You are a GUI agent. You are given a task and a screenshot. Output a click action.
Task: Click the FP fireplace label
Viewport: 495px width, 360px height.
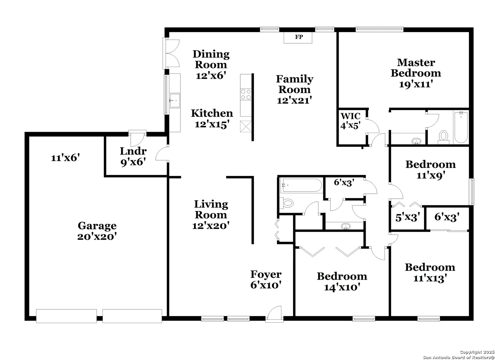click(299, 37)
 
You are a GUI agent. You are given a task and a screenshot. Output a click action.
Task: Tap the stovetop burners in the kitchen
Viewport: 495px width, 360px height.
click(246, 94)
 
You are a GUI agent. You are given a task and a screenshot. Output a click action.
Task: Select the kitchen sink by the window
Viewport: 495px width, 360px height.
click(175, 101)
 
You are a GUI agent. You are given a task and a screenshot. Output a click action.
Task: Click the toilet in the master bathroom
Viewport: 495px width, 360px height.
click(443, 137)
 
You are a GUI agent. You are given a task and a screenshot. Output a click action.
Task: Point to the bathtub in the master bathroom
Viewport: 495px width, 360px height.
click(461, 128)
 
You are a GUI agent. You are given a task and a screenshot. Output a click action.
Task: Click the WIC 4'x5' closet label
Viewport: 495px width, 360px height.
click(350, 121)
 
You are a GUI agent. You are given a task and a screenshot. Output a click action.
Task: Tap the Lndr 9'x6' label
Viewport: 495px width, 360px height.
click(133, 157)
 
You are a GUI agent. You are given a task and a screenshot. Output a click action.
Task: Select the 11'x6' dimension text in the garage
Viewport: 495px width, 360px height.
click(65, 158)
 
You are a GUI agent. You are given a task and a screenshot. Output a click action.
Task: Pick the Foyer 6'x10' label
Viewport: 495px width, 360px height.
click(266, 279)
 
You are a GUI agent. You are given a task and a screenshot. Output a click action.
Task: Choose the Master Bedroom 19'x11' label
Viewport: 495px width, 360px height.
click(416, 73)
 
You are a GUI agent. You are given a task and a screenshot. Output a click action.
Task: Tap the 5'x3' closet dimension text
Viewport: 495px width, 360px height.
click(408, 217)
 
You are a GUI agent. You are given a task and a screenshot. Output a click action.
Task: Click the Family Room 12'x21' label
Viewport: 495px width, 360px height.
click(295, 89)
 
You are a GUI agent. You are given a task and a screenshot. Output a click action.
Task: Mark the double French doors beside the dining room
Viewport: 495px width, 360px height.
click(171, 53)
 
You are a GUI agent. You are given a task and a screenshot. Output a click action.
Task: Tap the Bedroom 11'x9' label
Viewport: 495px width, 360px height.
click(430, 170)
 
